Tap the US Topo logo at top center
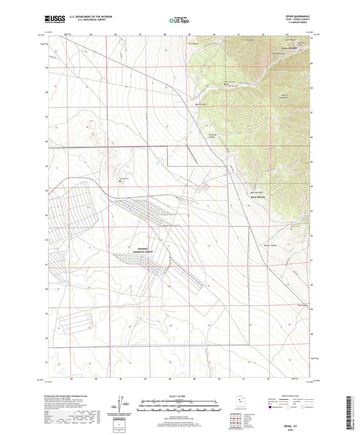coord(178,21)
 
